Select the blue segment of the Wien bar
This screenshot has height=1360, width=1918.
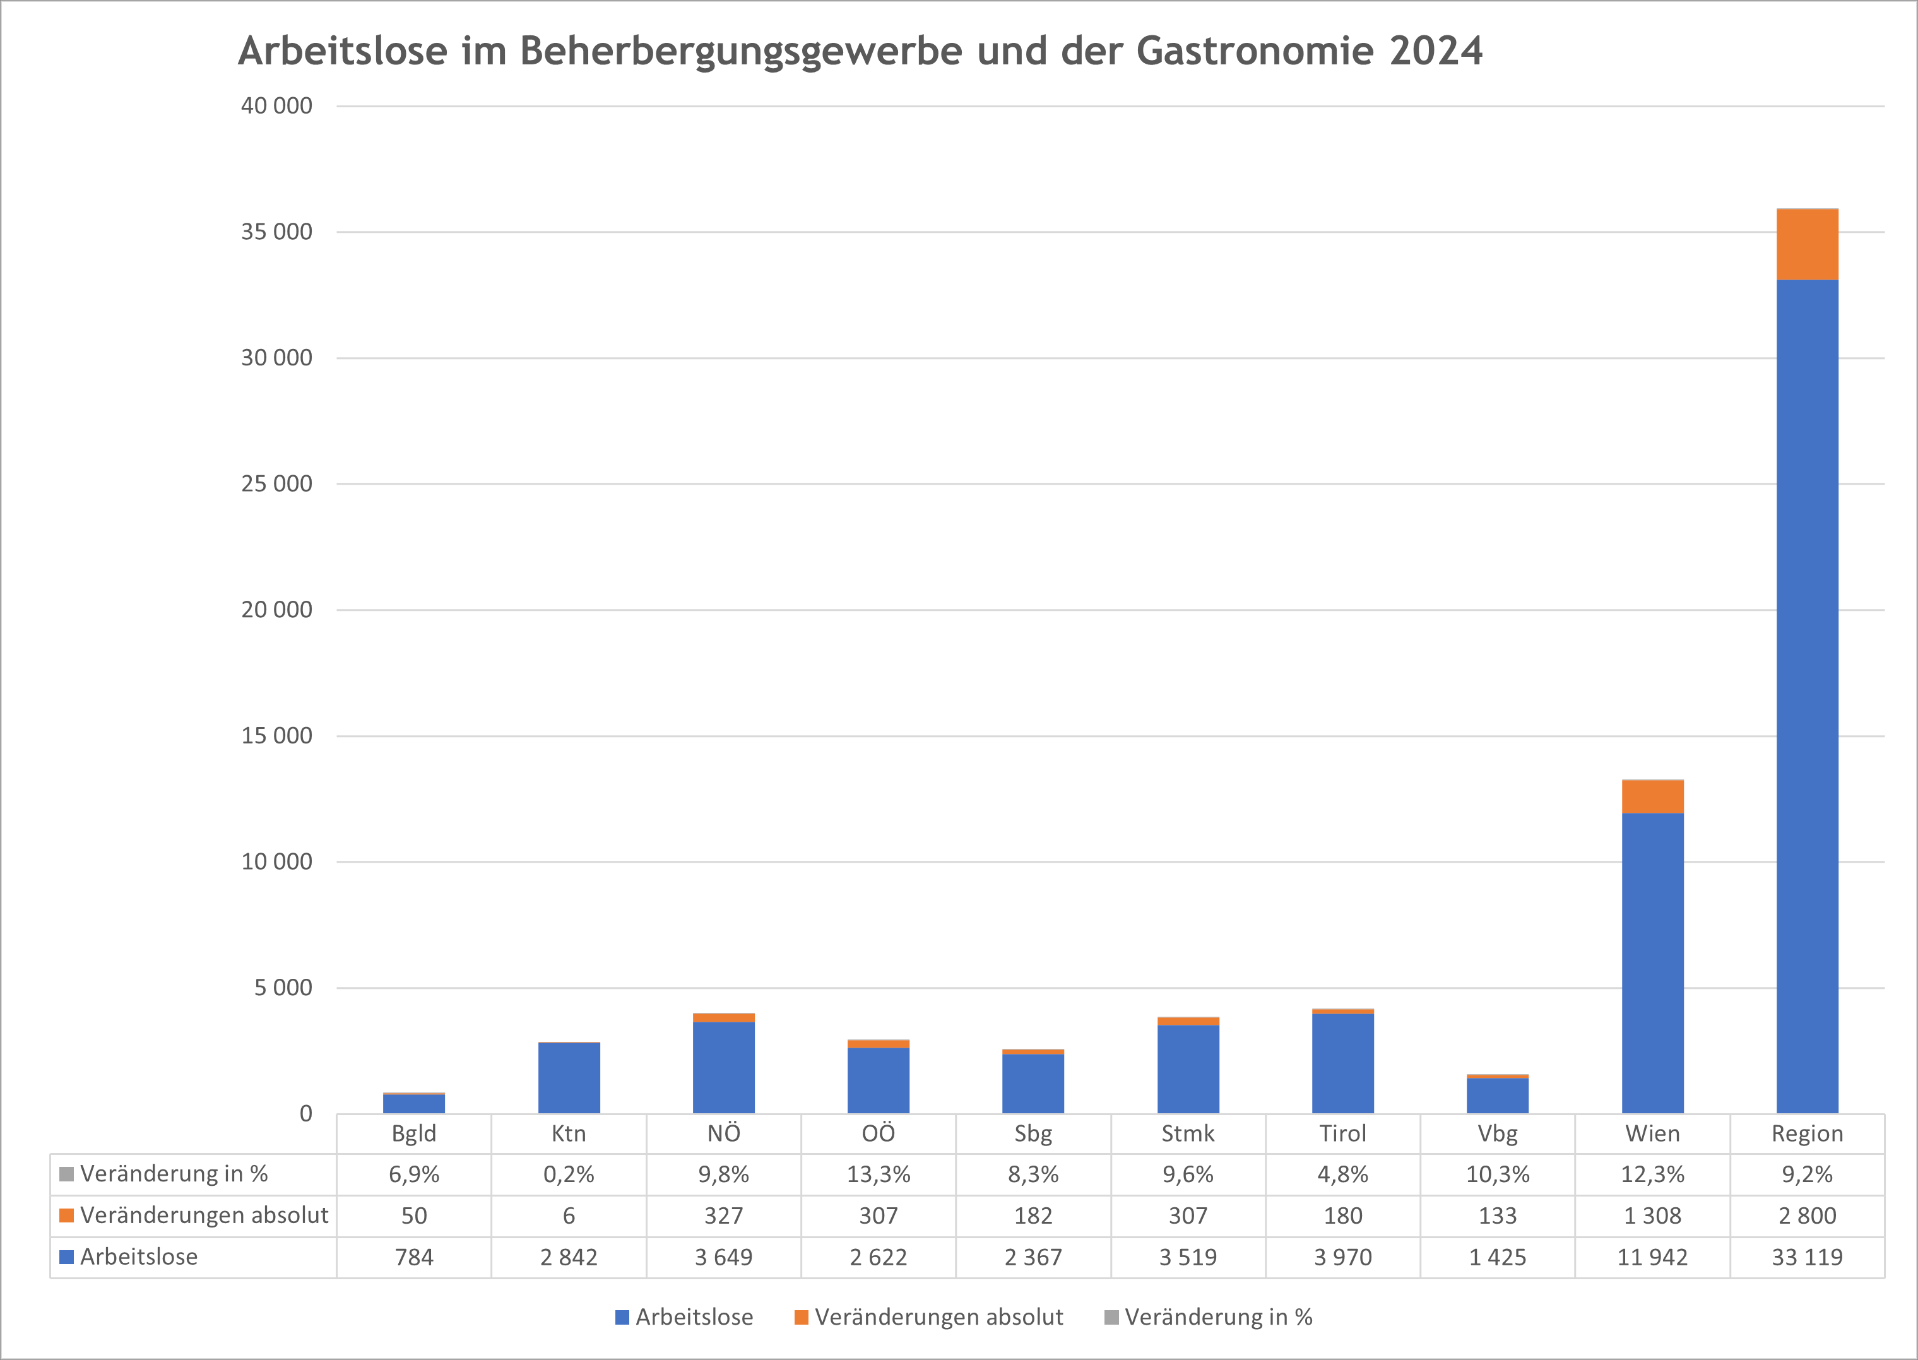1652,963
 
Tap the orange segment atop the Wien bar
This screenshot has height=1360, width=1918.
1652,796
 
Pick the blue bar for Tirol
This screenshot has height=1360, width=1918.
1342,1063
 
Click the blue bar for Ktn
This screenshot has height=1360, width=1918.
569,1078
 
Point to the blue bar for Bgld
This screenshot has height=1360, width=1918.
414,1104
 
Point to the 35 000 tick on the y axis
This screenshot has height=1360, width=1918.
276,232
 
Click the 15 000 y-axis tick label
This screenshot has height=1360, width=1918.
276,736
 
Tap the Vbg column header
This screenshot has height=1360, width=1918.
1498,1134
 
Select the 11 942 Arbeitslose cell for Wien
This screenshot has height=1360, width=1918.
1652,1257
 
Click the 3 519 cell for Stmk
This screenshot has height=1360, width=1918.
1188,1257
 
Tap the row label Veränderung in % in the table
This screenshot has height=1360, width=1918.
174,1174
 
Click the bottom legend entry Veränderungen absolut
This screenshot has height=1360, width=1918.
938,1317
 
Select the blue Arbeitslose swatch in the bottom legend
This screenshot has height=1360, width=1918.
622,1317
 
